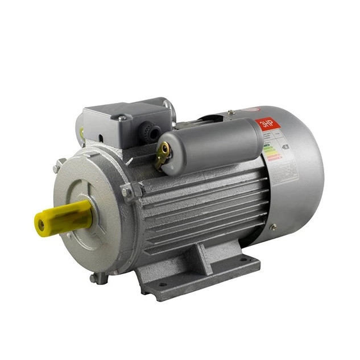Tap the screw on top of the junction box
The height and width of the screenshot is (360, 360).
[x=121, y=118]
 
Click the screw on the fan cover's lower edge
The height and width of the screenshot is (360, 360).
[x=274, y=227]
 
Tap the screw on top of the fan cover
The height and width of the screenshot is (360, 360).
[x=231, y=112]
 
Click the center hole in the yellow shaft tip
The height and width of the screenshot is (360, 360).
[x=40, y=224]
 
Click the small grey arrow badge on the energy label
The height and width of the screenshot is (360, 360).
[x=285, y=146]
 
